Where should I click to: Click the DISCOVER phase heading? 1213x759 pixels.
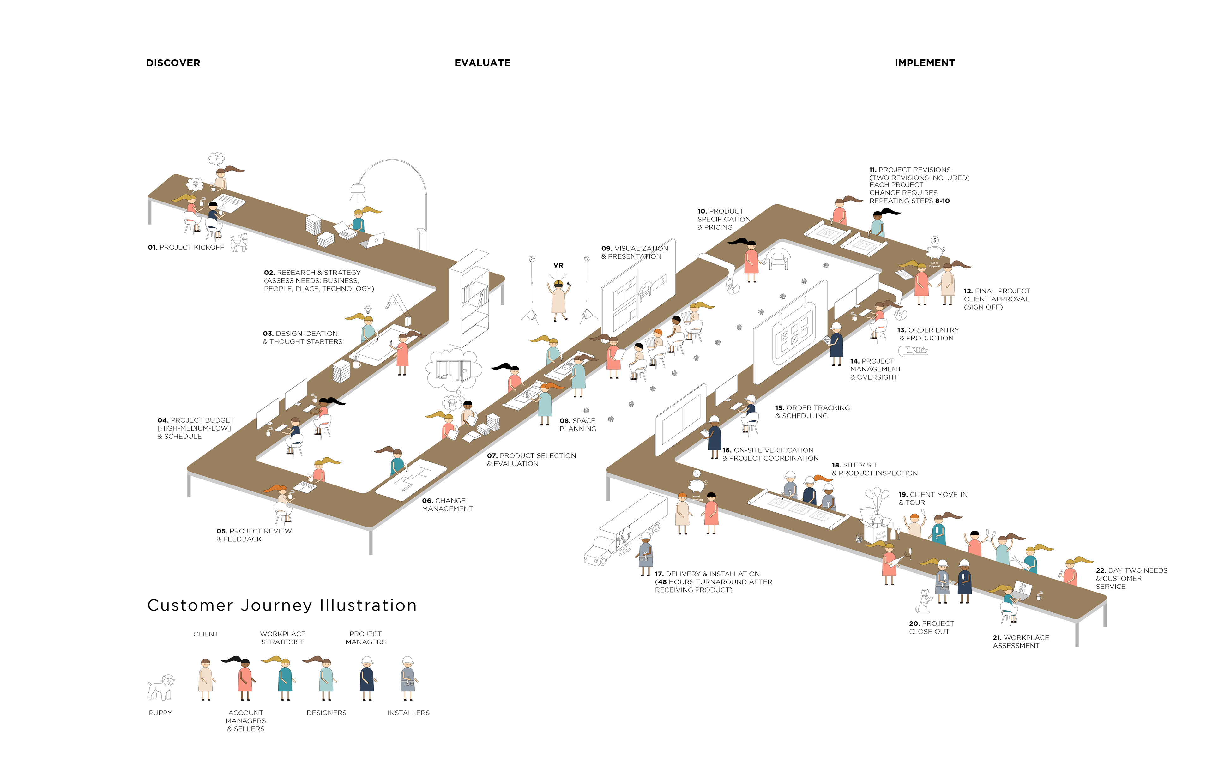(173, 63)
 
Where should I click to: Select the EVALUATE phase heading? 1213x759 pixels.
(482, 63)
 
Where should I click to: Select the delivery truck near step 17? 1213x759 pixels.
(625, 530)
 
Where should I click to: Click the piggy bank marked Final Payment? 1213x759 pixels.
(697, 486)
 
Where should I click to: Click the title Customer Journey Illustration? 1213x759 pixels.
(282, 605)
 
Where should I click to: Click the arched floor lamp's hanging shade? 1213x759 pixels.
(358, 189)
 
